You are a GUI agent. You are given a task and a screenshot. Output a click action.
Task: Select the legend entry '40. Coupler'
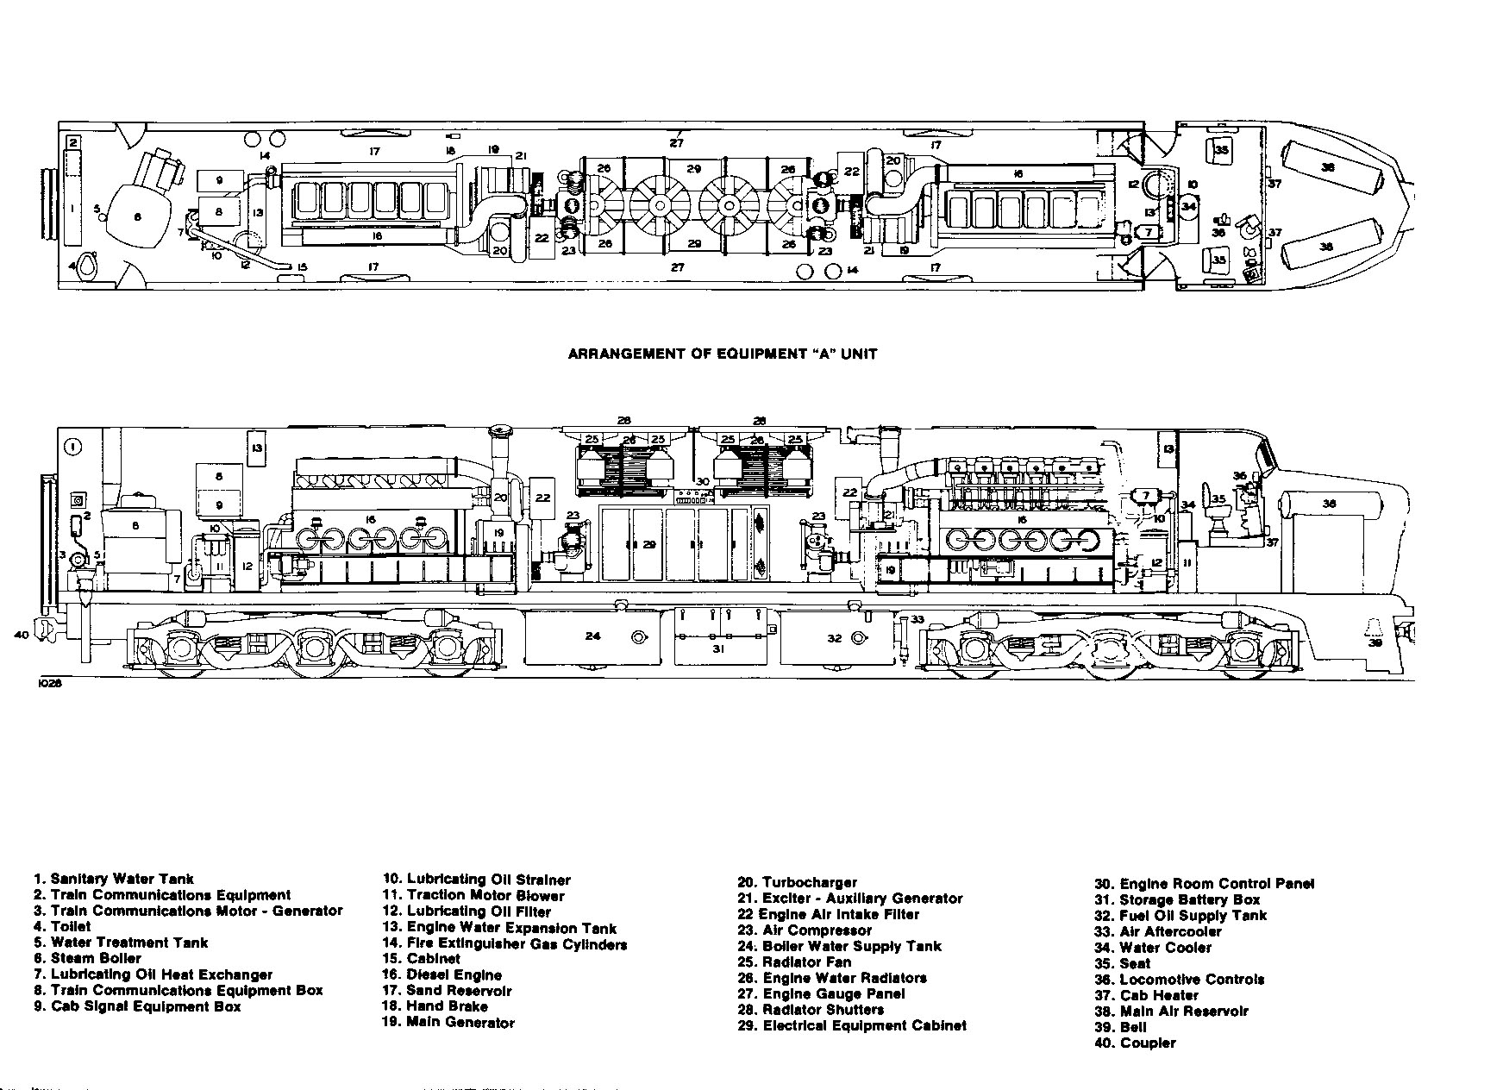click(x=1135, y=1043)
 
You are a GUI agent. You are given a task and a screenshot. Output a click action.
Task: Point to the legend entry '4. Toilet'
click(x=62, y=927)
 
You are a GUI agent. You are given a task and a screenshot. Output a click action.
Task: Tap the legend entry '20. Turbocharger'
click(x=797, y=882)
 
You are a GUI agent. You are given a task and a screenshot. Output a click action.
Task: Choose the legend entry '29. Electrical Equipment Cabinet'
click(x=852, y=1026)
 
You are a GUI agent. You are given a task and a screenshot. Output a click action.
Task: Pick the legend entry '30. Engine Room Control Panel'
click(x=1205, y=884)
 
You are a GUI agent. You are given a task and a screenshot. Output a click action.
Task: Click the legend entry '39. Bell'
click(x=1122, y=1027)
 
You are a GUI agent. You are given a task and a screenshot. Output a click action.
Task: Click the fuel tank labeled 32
click(x=835, y=639)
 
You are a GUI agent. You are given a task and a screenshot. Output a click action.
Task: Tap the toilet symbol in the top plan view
click(x=85, y=266)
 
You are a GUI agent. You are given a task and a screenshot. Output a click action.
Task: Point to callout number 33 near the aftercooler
click(x=917, y=619)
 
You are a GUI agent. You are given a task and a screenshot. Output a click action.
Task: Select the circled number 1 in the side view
click(x=72, y=446)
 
